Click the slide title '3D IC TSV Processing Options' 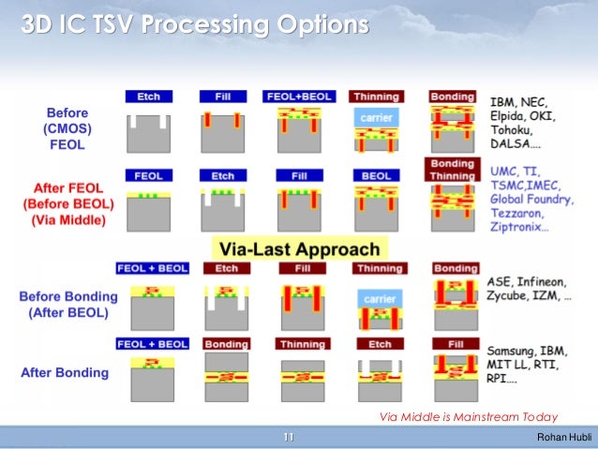pyautogui.click(x=194, y=24)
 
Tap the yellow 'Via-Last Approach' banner pyautogui.click(x=299, y=250)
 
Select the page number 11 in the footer pyautogui.click(x=289, y=438)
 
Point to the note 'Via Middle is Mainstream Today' pyautogui.click(x=468, y=417)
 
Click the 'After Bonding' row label pyautogui.click(x=65, y=372)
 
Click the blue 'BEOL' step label pyautogui.click(x=376, y=175)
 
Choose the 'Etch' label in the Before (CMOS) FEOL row pyautogui.click(x=148, y=97)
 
